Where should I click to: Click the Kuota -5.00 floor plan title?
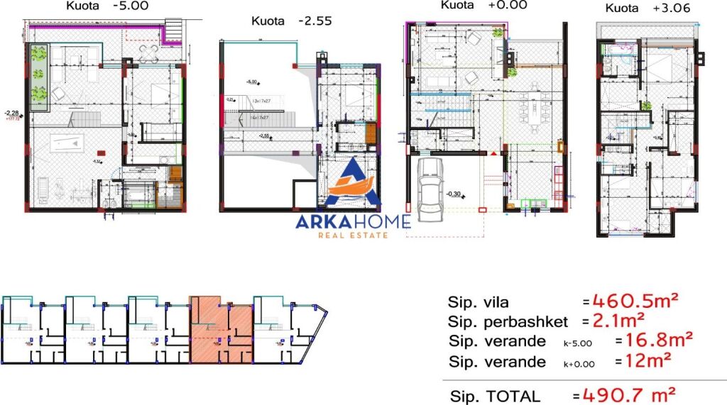pos(98,6)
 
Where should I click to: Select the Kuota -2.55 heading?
pos(291,21)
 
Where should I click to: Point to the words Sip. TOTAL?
pos(495,396)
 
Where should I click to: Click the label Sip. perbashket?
pos(508,321)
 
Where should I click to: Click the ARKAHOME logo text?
pos(353,221)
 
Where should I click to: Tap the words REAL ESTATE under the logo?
pos(353,235)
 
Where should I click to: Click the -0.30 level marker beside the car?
pos(456,193)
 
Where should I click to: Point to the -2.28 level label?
pos(11,113)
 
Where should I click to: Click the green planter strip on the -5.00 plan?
pos(38,77)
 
